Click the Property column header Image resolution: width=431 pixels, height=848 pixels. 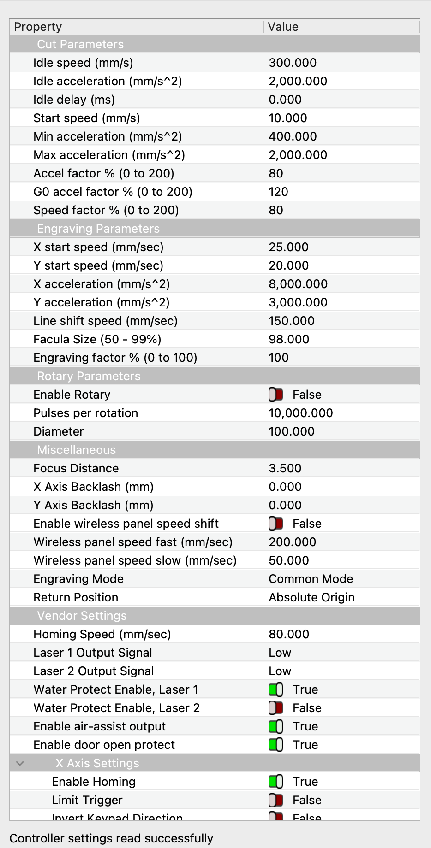(x=38, y=27)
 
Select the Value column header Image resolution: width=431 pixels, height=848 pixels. (x=283, y=27)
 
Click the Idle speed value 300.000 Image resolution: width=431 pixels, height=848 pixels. (x=293, y=63)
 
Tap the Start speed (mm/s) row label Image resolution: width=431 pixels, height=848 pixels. (x=86, y=118)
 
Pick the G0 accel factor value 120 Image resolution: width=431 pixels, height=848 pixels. (x=278, y=192)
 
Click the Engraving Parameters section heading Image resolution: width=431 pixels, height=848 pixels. (x=98, y=229)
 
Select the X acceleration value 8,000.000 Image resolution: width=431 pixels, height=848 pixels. (x=298, y=284)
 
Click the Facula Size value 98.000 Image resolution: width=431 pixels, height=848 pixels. (x=289, y=339)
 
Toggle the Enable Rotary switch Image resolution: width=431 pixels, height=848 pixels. (x=276, y=395)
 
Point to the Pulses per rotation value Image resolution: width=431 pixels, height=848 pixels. (x=301, y=413)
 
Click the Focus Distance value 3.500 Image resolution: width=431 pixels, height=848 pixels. (x=285, y=468)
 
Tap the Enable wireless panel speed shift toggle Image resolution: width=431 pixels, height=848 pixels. (x=276, y=524)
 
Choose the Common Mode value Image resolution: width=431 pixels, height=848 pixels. (x=311, y=579)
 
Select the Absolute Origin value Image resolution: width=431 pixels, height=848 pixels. (x=311, y=597)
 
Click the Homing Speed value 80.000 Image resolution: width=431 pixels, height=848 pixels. (x=289, y=634)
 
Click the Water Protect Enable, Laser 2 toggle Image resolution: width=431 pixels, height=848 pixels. (x=276, y=708)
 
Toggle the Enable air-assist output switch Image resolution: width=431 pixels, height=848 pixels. (x=276, y=726)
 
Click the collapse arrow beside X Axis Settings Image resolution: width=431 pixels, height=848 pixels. (x=19, y=763)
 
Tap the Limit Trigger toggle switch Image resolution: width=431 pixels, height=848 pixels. (x=276, y=800)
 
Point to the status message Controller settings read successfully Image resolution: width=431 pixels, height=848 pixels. (x=111, y=838)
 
